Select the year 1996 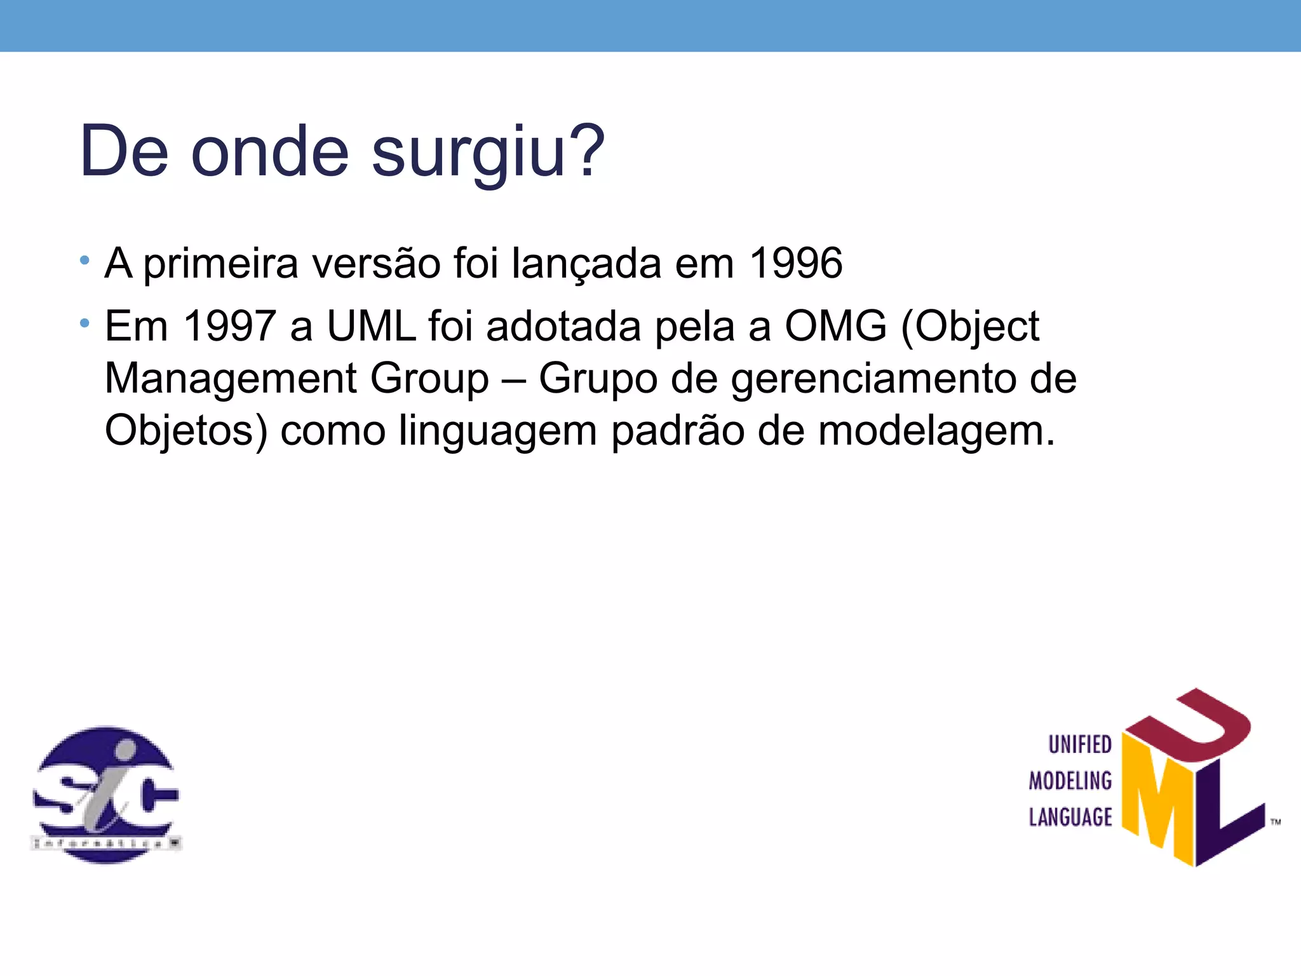795,263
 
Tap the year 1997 229,326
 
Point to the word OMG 835,326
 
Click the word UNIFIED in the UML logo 1079,745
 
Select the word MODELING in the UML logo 1070,781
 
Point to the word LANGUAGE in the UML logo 1070,817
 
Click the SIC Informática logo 106,794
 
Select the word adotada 563,326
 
